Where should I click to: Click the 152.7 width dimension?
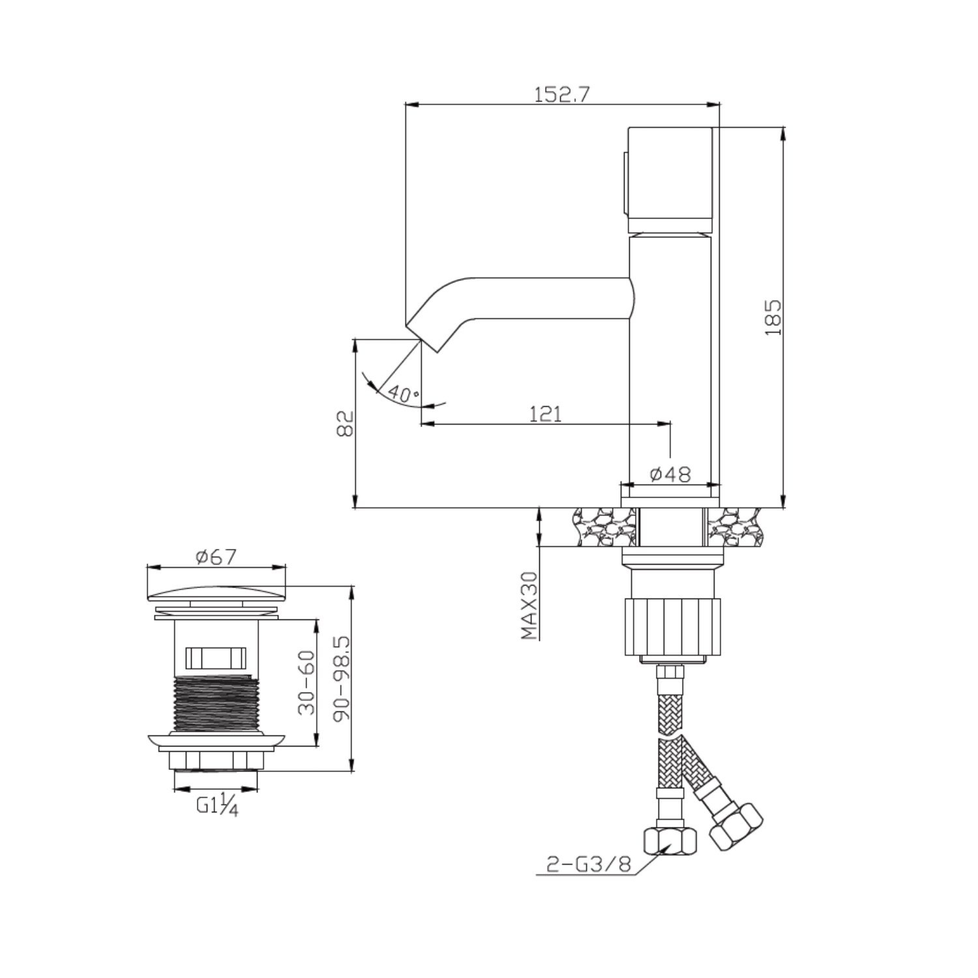562,95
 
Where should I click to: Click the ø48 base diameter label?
670,474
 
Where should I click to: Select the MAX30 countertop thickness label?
529,605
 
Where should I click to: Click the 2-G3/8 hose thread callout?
588,865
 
